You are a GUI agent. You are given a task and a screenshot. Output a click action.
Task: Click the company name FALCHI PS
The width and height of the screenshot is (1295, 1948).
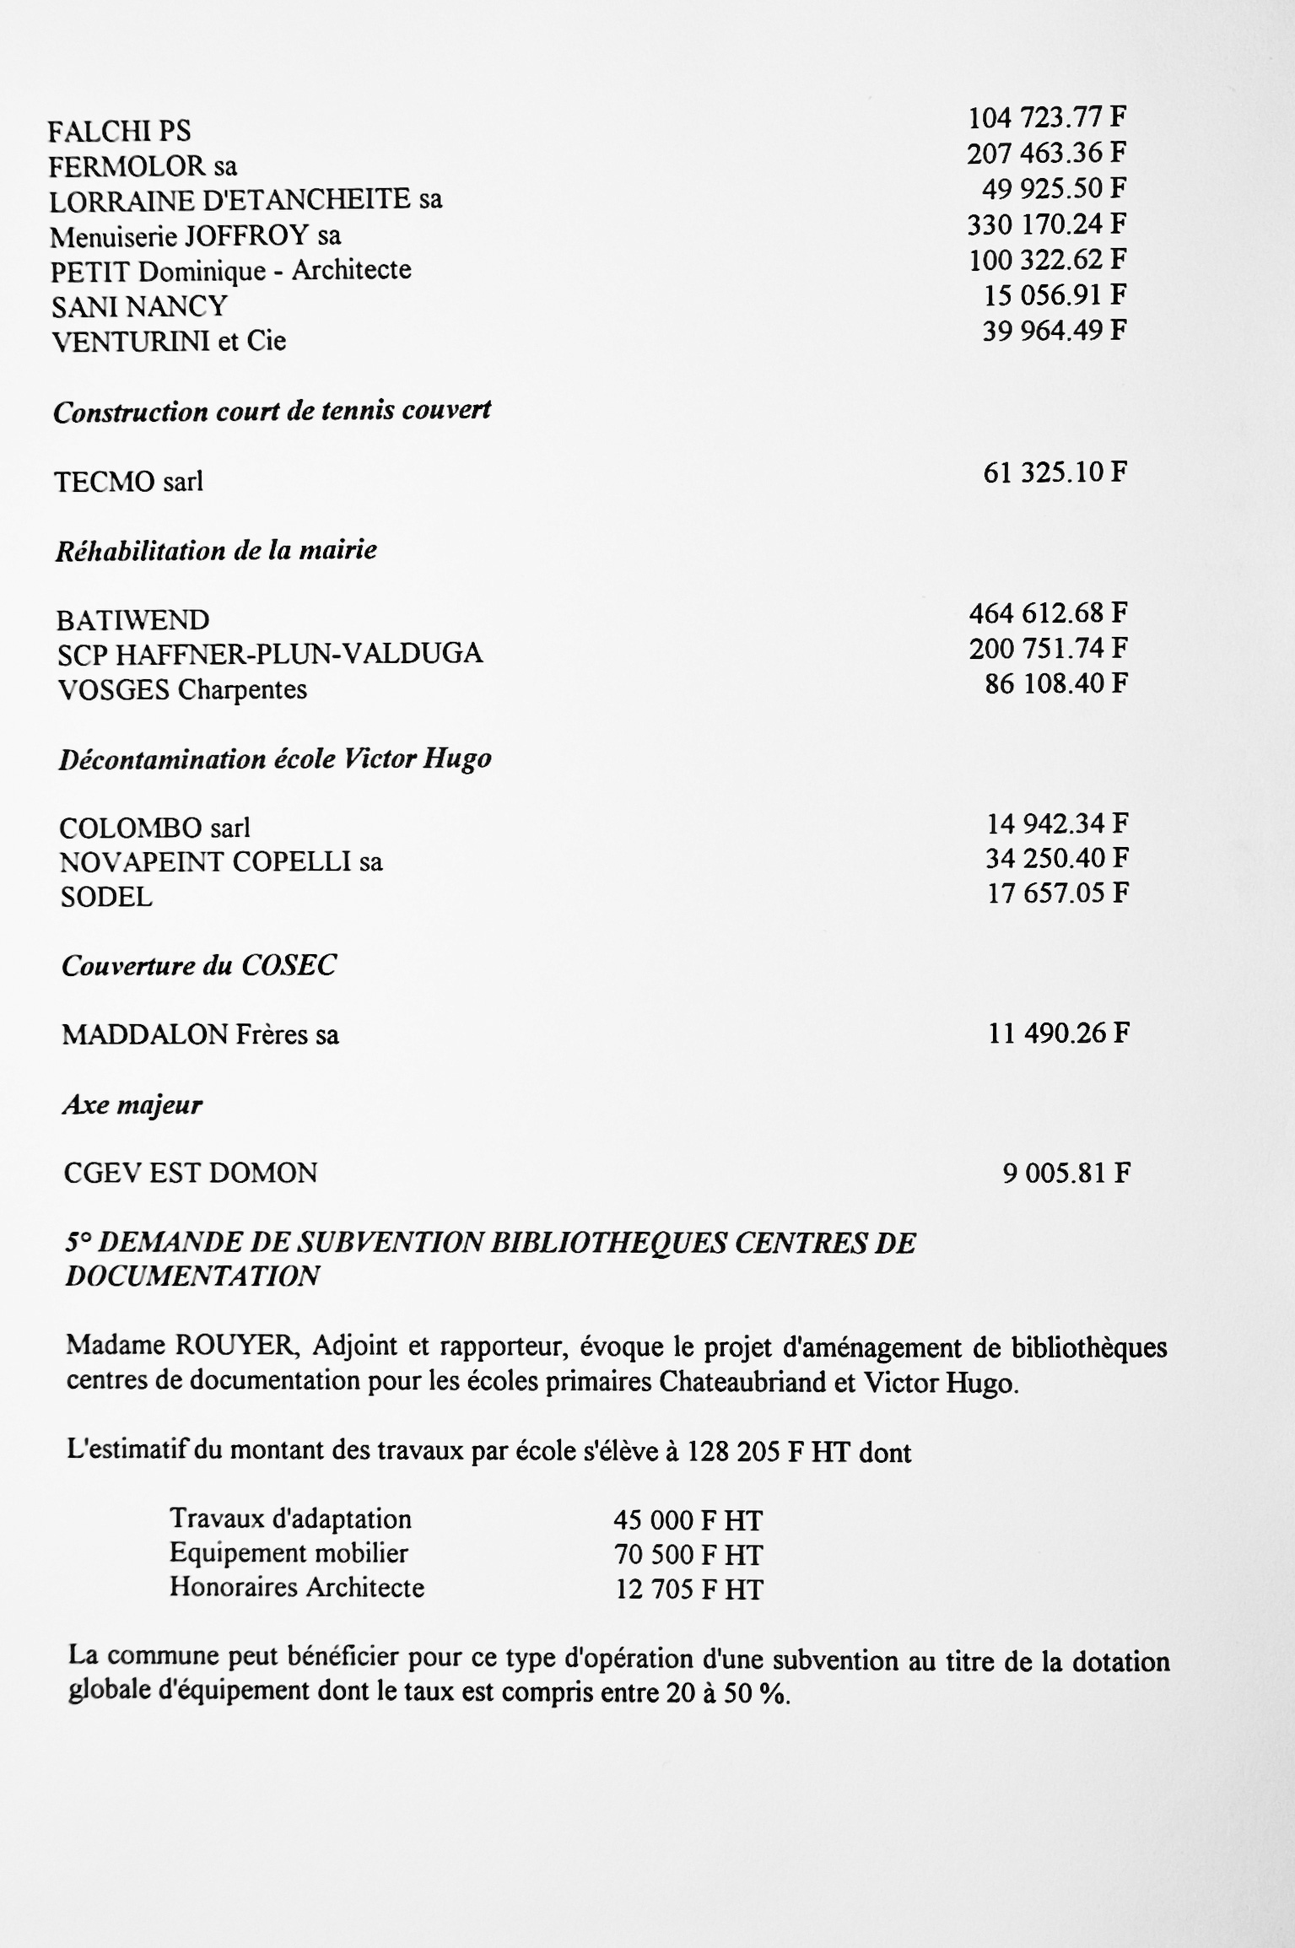(x=119, y=132)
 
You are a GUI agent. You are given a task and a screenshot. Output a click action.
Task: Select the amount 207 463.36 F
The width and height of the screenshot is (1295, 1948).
(x=1046, y=154)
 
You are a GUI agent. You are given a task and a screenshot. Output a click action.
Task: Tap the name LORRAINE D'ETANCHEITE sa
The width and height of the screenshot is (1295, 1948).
(x=246, y=201)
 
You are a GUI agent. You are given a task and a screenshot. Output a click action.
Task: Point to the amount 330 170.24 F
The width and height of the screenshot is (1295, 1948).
(x=1046, y=224)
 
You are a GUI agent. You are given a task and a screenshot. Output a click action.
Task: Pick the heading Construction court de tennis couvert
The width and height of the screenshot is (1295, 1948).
(x=272, y=412)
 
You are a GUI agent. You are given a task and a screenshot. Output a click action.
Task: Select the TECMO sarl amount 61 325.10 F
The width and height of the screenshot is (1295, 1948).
(x=1055, y=472)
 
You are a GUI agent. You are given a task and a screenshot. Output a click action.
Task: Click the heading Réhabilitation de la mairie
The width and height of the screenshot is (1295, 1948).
(x=216, y=551)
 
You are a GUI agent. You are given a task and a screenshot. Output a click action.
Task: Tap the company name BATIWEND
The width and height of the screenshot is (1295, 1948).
(x=133, y=621)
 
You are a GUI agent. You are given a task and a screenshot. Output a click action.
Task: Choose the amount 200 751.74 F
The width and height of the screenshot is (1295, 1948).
(x=1048, y=648)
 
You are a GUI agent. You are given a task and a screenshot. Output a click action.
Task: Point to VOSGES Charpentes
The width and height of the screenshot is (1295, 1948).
(x=182, y=690)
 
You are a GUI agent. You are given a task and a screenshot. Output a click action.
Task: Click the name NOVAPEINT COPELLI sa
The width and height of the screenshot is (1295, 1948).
(x=221, y=861)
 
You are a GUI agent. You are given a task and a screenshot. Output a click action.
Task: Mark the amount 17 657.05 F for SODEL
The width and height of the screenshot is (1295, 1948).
(x=1057, y=893)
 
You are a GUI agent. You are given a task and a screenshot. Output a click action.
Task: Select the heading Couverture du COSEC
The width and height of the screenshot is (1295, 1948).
(x=199, y=966)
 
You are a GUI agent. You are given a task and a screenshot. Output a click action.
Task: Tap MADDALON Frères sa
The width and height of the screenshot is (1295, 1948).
(x=201, y=1035)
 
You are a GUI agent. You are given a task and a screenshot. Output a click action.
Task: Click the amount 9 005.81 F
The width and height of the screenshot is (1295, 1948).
(x=1066, y=1174)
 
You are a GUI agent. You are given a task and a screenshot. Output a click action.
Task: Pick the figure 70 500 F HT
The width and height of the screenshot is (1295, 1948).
(x=688, y=1555)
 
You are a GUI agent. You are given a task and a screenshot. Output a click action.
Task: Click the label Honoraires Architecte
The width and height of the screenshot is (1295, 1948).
(x=297, y=1588)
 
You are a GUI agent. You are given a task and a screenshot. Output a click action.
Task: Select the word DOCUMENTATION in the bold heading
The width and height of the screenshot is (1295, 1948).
(x=192, y=1276)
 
